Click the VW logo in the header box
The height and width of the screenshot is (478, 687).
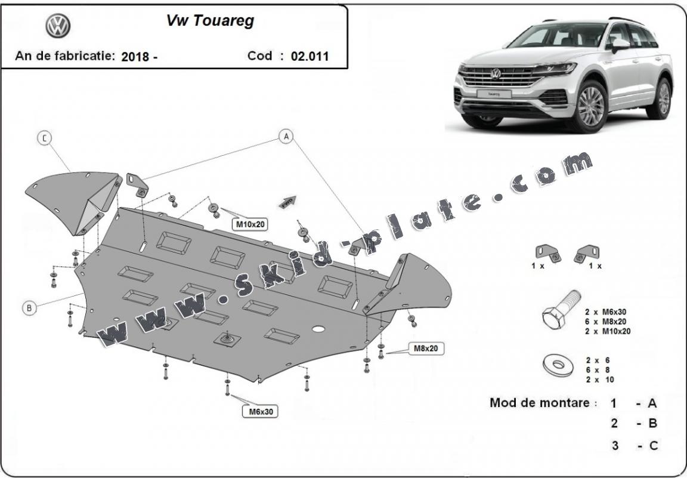pyautogui.click(x=58, y=26)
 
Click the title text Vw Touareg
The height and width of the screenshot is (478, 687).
pyautogui.click(x=209, y=21)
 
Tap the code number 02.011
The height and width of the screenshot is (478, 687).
pyautogui.click(x=310, y=57)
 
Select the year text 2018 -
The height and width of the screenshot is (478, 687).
pyautogui.click(x=139, y=57)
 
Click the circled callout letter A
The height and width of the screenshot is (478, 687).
pyautogui.click(x=286, y=137)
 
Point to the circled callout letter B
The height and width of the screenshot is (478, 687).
pyautogui.click(x=29, y=308)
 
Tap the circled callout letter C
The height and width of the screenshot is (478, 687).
pyautogui.click(x=44, y=138)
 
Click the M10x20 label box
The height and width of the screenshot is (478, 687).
pyautogui.click(x=250, y=224)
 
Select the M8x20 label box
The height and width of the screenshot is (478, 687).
pyautogui.click(x=426, y=348)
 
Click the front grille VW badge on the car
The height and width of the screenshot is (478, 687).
pyautogui.click(x=495, y=73)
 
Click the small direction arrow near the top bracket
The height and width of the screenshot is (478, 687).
pyautogui.click(x=289, y=201)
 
